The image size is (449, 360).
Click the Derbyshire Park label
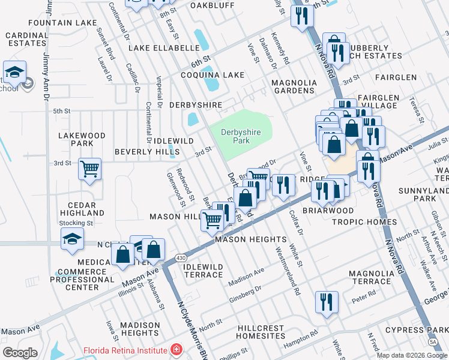(235, 136)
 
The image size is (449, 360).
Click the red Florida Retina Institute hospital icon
(176, 350)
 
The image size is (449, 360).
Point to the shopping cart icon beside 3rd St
(89, 170)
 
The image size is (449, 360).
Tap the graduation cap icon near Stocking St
(72, 239)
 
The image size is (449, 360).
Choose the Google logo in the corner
(20, 352)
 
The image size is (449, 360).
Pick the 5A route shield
(433, 341)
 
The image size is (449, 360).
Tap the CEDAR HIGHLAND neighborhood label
(82, 208)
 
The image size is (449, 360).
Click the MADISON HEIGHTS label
(139, 329)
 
